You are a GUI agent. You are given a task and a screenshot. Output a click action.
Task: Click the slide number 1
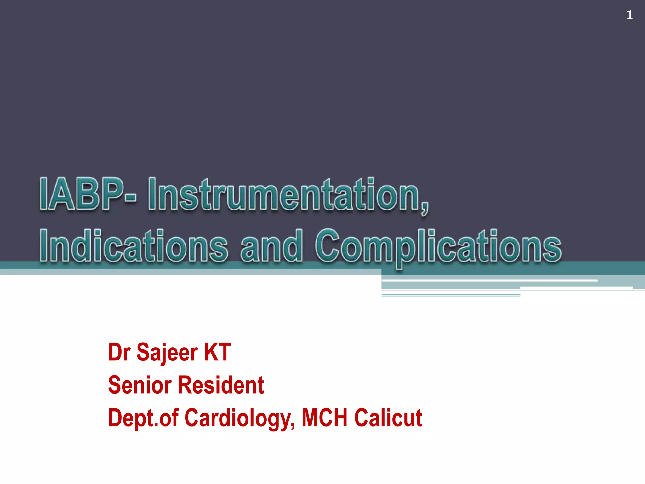629,15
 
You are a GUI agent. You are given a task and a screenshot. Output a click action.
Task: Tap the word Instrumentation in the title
283,195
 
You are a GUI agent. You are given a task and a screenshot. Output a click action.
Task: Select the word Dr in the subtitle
119,352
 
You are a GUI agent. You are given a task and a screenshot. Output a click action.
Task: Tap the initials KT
217,352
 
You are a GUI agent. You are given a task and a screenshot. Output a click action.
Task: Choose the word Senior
140,385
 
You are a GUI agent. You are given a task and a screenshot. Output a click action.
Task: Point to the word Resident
221,385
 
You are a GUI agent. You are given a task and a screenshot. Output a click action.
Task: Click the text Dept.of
143,418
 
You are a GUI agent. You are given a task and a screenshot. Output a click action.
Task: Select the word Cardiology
239,418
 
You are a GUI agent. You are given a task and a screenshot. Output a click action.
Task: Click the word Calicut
388,418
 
